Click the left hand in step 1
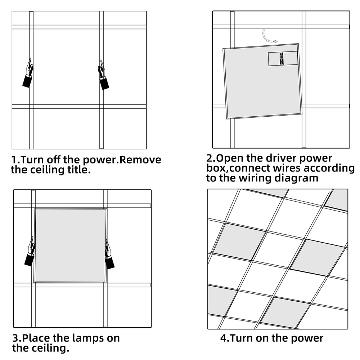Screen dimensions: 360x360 (x=28, y=73)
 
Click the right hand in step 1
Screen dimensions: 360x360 (x=103, y=75)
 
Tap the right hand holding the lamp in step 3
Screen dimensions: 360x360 (x=109, y=255)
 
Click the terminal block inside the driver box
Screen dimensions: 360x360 (x=281, y=58)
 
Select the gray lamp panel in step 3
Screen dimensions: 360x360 (x=71, y=246)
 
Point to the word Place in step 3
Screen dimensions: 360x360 (x=36, y=338)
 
